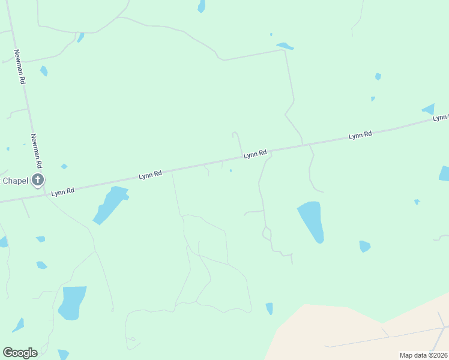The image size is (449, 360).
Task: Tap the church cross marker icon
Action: pos(38,179)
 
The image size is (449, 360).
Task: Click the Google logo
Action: pos(20,353)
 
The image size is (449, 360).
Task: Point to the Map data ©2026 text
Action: pos(423,355)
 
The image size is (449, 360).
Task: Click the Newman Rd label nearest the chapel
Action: pos(37,150)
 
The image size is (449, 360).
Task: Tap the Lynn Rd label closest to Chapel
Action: pos(62,192)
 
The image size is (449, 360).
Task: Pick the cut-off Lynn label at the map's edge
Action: pos(441,118)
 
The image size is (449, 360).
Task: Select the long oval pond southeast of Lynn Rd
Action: pos(312,221)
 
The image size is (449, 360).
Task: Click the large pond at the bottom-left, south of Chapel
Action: pos(72,302)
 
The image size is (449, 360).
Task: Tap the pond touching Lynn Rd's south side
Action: pos(111,203)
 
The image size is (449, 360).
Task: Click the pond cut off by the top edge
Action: pos(202,6)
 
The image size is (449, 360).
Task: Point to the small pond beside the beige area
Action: pos(270,308)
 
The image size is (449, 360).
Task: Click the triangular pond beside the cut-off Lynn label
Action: pos(429,109)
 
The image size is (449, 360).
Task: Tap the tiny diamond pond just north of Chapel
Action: pos(64,166)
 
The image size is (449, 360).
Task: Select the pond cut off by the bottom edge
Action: pos(63,355)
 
